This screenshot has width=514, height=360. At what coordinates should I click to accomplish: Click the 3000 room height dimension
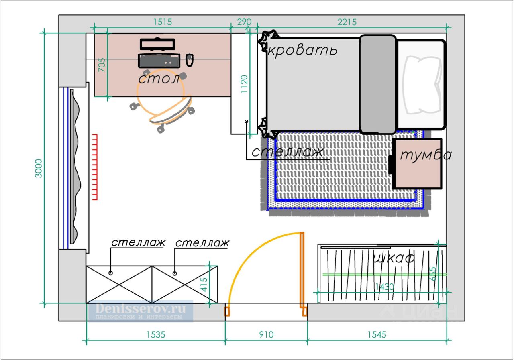[38, 169]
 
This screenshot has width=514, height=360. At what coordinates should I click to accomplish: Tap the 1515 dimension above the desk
[162, 22]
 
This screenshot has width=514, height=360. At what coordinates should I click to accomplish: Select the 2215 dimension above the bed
[347, 22]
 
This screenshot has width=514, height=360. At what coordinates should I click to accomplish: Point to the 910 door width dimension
[266, 334]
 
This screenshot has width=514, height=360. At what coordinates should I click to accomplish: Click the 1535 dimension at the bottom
[155, 334]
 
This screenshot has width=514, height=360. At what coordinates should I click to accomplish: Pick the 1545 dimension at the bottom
[376, 334]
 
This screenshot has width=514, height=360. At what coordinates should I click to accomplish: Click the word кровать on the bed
[302, 51]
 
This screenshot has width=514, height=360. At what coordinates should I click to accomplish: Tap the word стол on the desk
[159, 78]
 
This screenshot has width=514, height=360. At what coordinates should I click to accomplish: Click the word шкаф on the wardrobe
[393, 258]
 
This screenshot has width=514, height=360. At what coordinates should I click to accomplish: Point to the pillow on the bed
[422, 84]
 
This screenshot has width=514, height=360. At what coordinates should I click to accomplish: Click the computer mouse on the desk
[190, 60]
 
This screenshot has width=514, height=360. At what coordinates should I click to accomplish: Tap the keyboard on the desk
[159, 61]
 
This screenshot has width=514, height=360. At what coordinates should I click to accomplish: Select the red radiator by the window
[95, 167]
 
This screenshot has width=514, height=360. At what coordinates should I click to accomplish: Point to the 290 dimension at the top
[244, 22]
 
